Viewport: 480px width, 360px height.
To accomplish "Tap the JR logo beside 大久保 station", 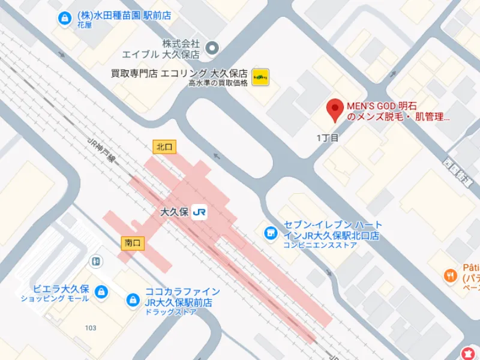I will click(200, 212).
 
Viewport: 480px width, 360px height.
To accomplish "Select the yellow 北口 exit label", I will click(164, 146).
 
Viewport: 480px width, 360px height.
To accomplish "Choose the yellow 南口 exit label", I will click(132, 243).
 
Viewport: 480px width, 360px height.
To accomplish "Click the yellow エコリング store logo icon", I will click(260, 77).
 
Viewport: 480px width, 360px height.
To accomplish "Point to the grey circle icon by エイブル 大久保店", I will click(211, 47).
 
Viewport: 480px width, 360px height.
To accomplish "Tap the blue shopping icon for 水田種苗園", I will click(62, 19).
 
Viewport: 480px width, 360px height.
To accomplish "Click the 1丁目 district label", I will click(328, 138).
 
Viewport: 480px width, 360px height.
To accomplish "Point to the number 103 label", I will click(91, 328).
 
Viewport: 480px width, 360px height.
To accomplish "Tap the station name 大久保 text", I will click(176, 212).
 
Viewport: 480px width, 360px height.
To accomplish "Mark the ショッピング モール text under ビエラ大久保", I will click(54, 298).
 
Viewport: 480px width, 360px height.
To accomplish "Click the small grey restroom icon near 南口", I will click(95, 261).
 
